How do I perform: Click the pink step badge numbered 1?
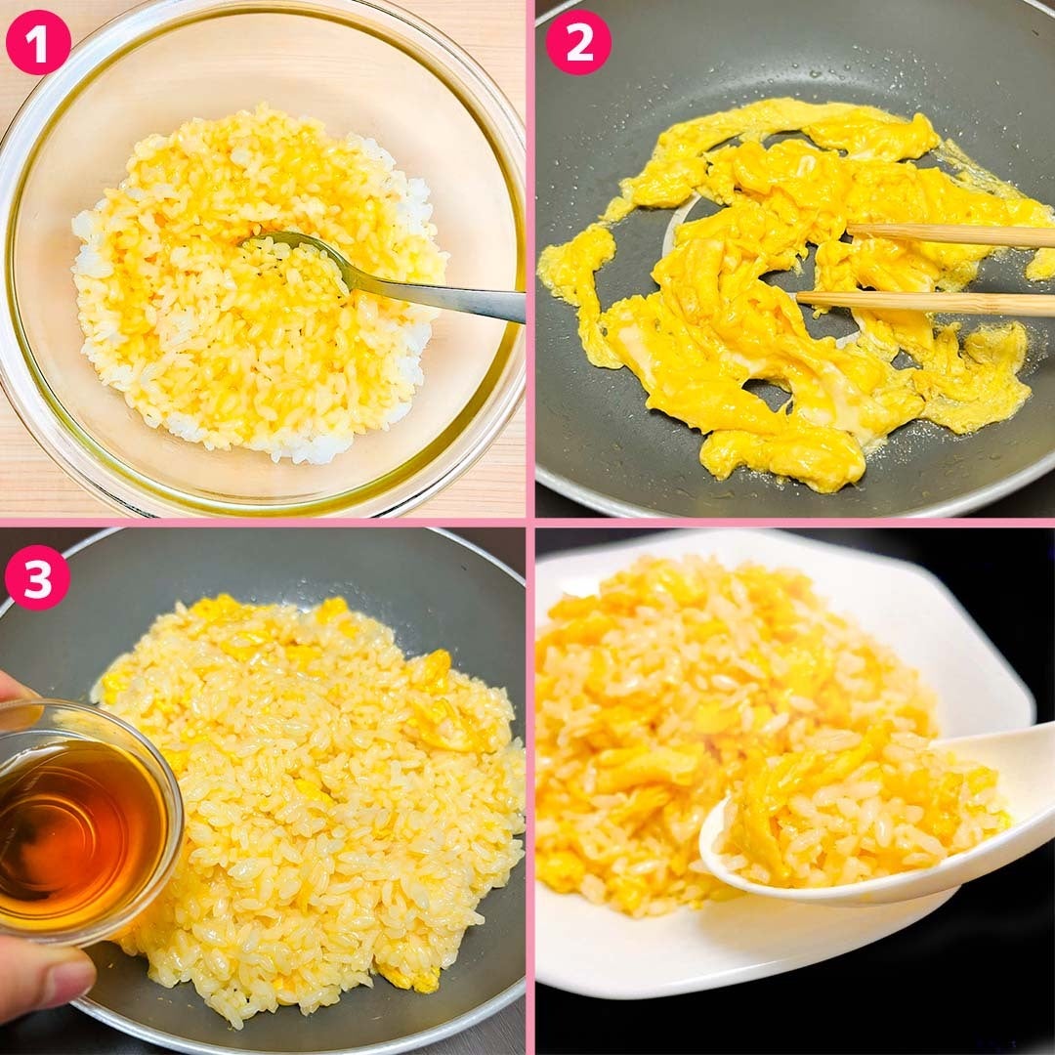coord(38,42)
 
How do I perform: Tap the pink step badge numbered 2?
coord(578,42)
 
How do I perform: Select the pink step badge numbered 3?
coord(37,577)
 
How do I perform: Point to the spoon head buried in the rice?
coord(296,252)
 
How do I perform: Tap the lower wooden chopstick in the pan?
coord(925,304)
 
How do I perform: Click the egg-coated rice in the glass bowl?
coord(259,282)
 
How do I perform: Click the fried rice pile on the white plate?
coord(734,727)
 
